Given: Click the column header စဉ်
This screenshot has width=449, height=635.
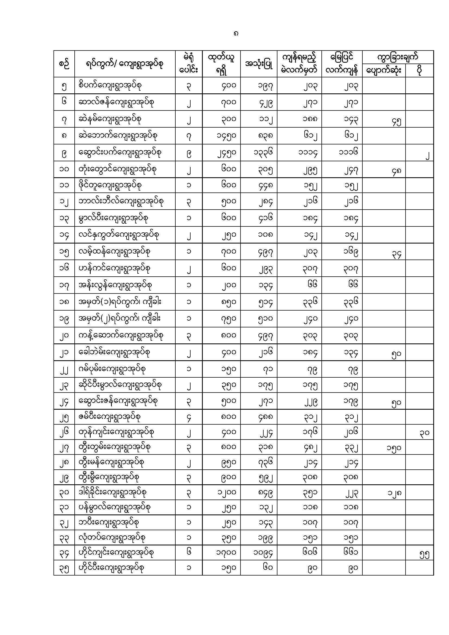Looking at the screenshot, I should (x=64, y=64).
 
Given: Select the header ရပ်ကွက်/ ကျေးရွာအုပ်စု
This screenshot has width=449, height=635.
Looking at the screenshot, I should (x=124, y=64).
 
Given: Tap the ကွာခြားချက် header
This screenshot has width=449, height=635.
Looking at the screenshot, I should (x=398, y=57).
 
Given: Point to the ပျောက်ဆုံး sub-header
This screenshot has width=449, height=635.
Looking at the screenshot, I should (x=384, y=71).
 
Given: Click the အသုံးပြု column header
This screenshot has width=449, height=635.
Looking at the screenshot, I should (x=259, y=64).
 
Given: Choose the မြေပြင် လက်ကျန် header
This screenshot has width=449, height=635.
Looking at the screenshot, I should (x=342, y=64).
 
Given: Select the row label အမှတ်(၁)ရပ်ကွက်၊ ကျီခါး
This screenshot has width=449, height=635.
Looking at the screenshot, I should (x=120, y=301).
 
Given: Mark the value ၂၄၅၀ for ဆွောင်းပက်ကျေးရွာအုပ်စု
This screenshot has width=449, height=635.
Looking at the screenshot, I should (x=226, y=153).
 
